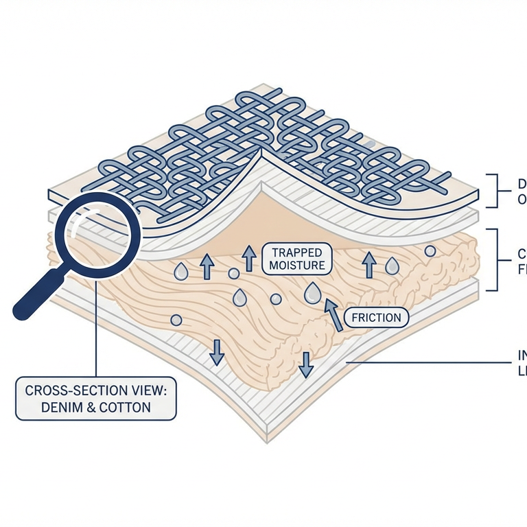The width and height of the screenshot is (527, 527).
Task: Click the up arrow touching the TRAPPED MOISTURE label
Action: tap(249, 260)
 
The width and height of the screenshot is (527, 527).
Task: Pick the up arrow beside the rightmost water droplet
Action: tap(369, 263)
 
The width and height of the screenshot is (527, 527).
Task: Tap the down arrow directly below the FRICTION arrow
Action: tap(305, 364)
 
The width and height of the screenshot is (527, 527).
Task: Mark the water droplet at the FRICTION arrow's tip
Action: tap(312, 293)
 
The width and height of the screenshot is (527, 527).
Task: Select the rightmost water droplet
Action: tap(392, 266)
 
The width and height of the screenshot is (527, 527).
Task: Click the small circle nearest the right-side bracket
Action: tap(430, 251)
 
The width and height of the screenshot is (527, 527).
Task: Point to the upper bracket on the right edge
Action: tap(491, 191)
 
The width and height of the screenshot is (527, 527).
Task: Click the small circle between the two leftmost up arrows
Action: tap(234, 274)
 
